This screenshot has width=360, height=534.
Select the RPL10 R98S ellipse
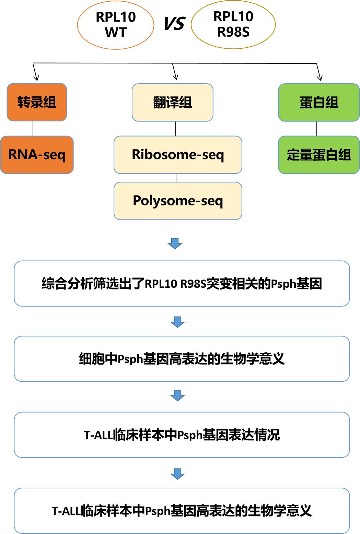point(233,24)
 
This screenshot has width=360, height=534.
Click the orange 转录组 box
point(37,102)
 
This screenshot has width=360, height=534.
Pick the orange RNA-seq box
point(37,155)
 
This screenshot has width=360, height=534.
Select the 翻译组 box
point(172,102)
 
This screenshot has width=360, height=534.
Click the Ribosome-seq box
point(178,155)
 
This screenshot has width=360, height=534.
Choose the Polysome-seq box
point(178,201)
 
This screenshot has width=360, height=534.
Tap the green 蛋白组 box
point(319,102)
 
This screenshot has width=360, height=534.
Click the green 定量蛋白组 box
point(319,155)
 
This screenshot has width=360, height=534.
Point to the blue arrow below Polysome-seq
point(175,243)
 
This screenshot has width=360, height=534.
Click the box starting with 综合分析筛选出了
point(182,284)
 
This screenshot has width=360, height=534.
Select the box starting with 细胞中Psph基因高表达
point(182,359)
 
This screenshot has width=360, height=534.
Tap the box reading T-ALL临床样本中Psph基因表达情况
point(182,435)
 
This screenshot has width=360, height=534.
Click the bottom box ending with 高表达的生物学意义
point(182,511)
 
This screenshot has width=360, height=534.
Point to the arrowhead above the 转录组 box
point(36,77)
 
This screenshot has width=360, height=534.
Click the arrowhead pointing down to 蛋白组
point(320,77)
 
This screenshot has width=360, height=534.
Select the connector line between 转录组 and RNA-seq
point(33,129)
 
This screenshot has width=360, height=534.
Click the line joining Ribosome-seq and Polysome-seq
point(176,178)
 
